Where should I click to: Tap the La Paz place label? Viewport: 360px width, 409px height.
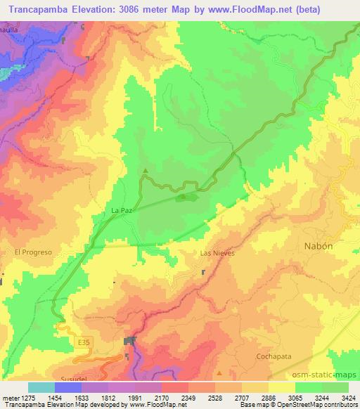(122, 209)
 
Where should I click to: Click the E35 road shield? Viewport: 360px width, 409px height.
(84, 342)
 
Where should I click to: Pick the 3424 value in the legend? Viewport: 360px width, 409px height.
(347, 398)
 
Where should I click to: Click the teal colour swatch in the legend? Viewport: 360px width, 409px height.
(41, 387)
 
